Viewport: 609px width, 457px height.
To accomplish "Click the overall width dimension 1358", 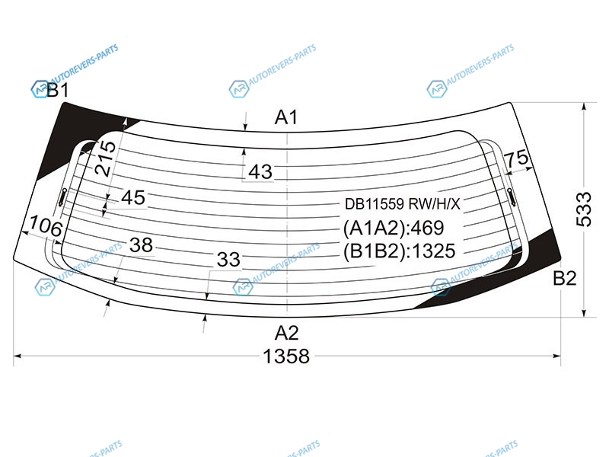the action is point(286,356).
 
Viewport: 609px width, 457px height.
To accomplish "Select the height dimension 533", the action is point(583,209).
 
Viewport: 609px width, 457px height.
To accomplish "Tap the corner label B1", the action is point(58,90).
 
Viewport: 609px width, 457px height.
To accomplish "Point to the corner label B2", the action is point(564,278).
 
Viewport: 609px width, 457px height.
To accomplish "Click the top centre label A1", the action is point(286,117).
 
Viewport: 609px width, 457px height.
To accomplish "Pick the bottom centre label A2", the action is point(287,333).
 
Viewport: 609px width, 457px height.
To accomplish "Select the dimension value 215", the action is point(106,158).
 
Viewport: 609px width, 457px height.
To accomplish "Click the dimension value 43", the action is point(260,172).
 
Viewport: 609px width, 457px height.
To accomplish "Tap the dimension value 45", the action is point(133,197).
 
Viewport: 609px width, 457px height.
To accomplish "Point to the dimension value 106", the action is point(46,225).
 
